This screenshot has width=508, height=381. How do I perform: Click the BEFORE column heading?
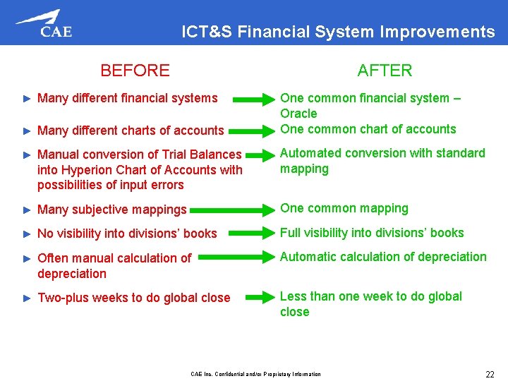pyautogui.click(x=135, y=71)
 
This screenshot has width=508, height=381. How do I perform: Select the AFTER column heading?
pyautogui.click(x=385, y=71)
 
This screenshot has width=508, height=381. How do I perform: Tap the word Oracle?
pyautogui.click(x=298, y=114)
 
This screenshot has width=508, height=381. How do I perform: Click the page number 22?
pyautogui.click(x=489, y=374)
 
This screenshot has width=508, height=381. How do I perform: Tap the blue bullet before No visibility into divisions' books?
pyautogui.click(x=27, y=234)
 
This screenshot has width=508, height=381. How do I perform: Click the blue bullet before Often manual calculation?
pyautogui.click(x=27, y=258)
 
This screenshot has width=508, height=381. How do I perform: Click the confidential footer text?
pyautogui.click(x=255, y=374)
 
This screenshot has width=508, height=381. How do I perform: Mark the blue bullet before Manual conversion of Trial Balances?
pyautogui.click(x=27, y=155)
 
